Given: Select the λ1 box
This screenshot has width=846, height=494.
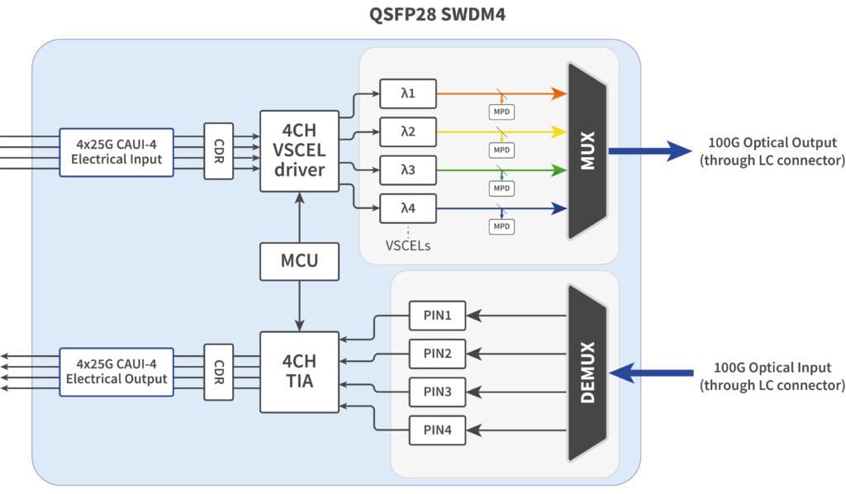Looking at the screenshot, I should point(406,94).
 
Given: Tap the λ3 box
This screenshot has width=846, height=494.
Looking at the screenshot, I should point(406,170).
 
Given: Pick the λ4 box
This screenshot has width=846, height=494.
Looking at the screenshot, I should point(406,208).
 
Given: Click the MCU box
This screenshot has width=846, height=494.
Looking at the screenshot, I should point(299,261).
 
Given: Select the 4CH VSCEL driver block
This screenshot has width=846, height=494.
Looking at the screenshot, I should point(299,151).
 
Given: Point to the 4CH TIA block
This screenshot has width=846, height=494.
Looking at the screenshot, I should point(299,372).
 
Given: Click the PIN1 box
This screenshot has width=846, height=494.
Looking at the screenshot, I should point(437,315).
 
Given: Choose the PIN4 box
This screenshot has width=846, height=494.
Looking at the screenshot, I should point(437,430).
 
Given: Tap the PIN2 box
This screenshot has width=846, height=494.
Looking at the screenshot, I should point(437,354).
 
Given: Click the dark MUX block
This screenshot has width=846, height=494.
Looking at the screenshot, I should point(587,151).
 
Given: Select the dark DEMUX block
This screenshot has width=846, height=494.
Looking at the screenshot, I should point(587,373).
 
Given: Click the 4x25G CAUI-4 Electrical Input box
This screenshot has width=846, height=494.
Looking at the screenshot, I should point(116,152).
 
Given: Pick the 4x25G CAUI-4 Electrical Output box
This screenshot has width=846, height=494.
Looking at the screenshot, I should point(116,372).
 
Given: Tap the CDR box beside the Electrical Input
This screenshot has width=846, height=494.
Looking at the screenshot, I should point(219,151).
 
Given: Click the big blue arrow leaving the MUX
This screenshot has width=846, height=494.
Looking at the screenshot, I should point(649,151).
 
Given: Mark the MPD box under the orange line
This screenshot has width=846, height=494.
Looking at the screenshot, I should point(501,111).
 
